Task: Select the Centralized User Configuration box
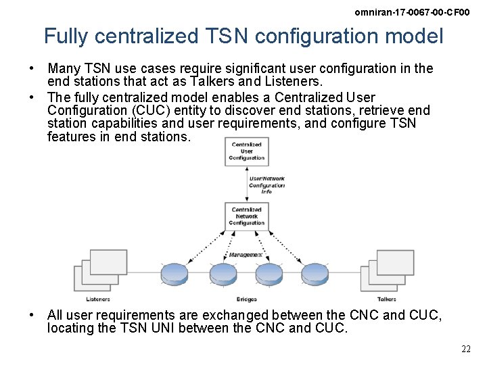tap(247, 151)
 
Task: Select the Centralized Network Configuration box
tap(247, 216)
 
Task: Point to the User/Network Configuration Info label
tap(267, 185)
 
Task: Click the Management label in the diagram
tap(246, 255)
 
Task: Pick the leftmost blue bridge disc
tap(175, 274)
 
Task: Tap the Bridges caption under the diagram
tap(246, 299)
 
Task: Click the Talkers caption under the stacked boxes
tap(387, 299)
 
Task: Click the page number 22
tap(466, 349)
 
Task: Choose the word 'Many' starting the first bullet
tap(62, 69)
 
